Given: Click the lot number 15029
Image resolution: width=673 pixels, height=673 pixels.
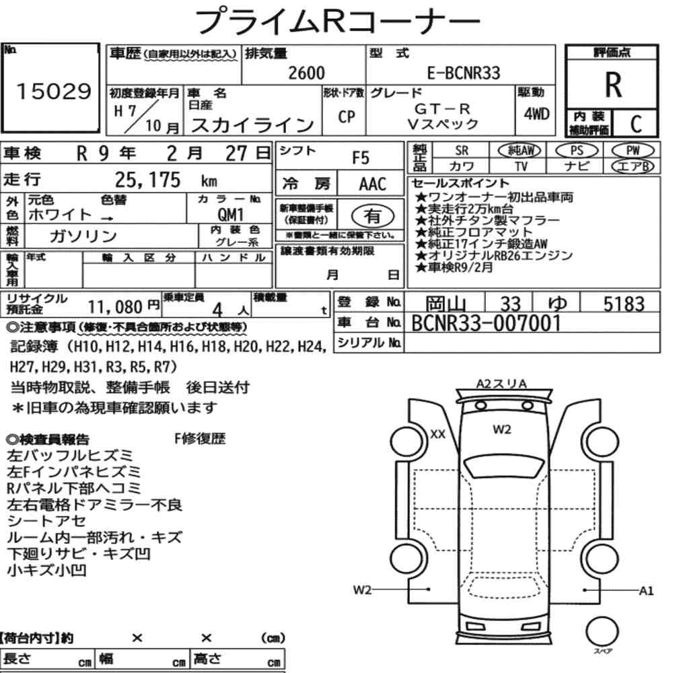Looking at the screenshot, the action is point(54,91).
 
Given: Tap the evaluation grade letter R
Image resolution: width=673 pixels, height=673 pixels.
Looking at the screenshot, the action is point(613,85).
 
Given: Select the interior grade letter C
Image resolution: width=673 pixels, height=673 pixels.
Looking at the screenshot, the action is point(636,124).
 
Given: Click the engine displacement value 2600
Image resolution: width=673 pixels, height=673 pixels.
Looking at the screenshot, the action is point(306,73).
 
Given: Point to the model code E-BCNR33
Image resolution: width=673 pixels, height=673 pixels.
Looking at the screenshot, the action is point(464,73).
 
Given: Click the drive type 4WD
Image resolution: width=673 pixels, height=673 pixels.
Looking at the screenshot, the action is point(536,114).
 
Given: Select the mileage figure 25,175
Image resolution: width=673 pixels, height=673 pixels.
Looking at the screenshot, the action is point(147,180).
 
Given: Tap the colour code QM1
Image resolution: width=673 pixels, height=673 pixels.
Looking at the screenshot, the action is point(230,214).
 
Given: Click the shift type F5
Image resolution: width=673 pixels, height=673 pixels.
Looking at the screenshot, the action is point(361,158).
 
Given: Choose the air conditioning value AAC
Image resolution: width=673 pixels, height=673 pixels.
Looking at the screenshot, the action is point(372,184).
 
